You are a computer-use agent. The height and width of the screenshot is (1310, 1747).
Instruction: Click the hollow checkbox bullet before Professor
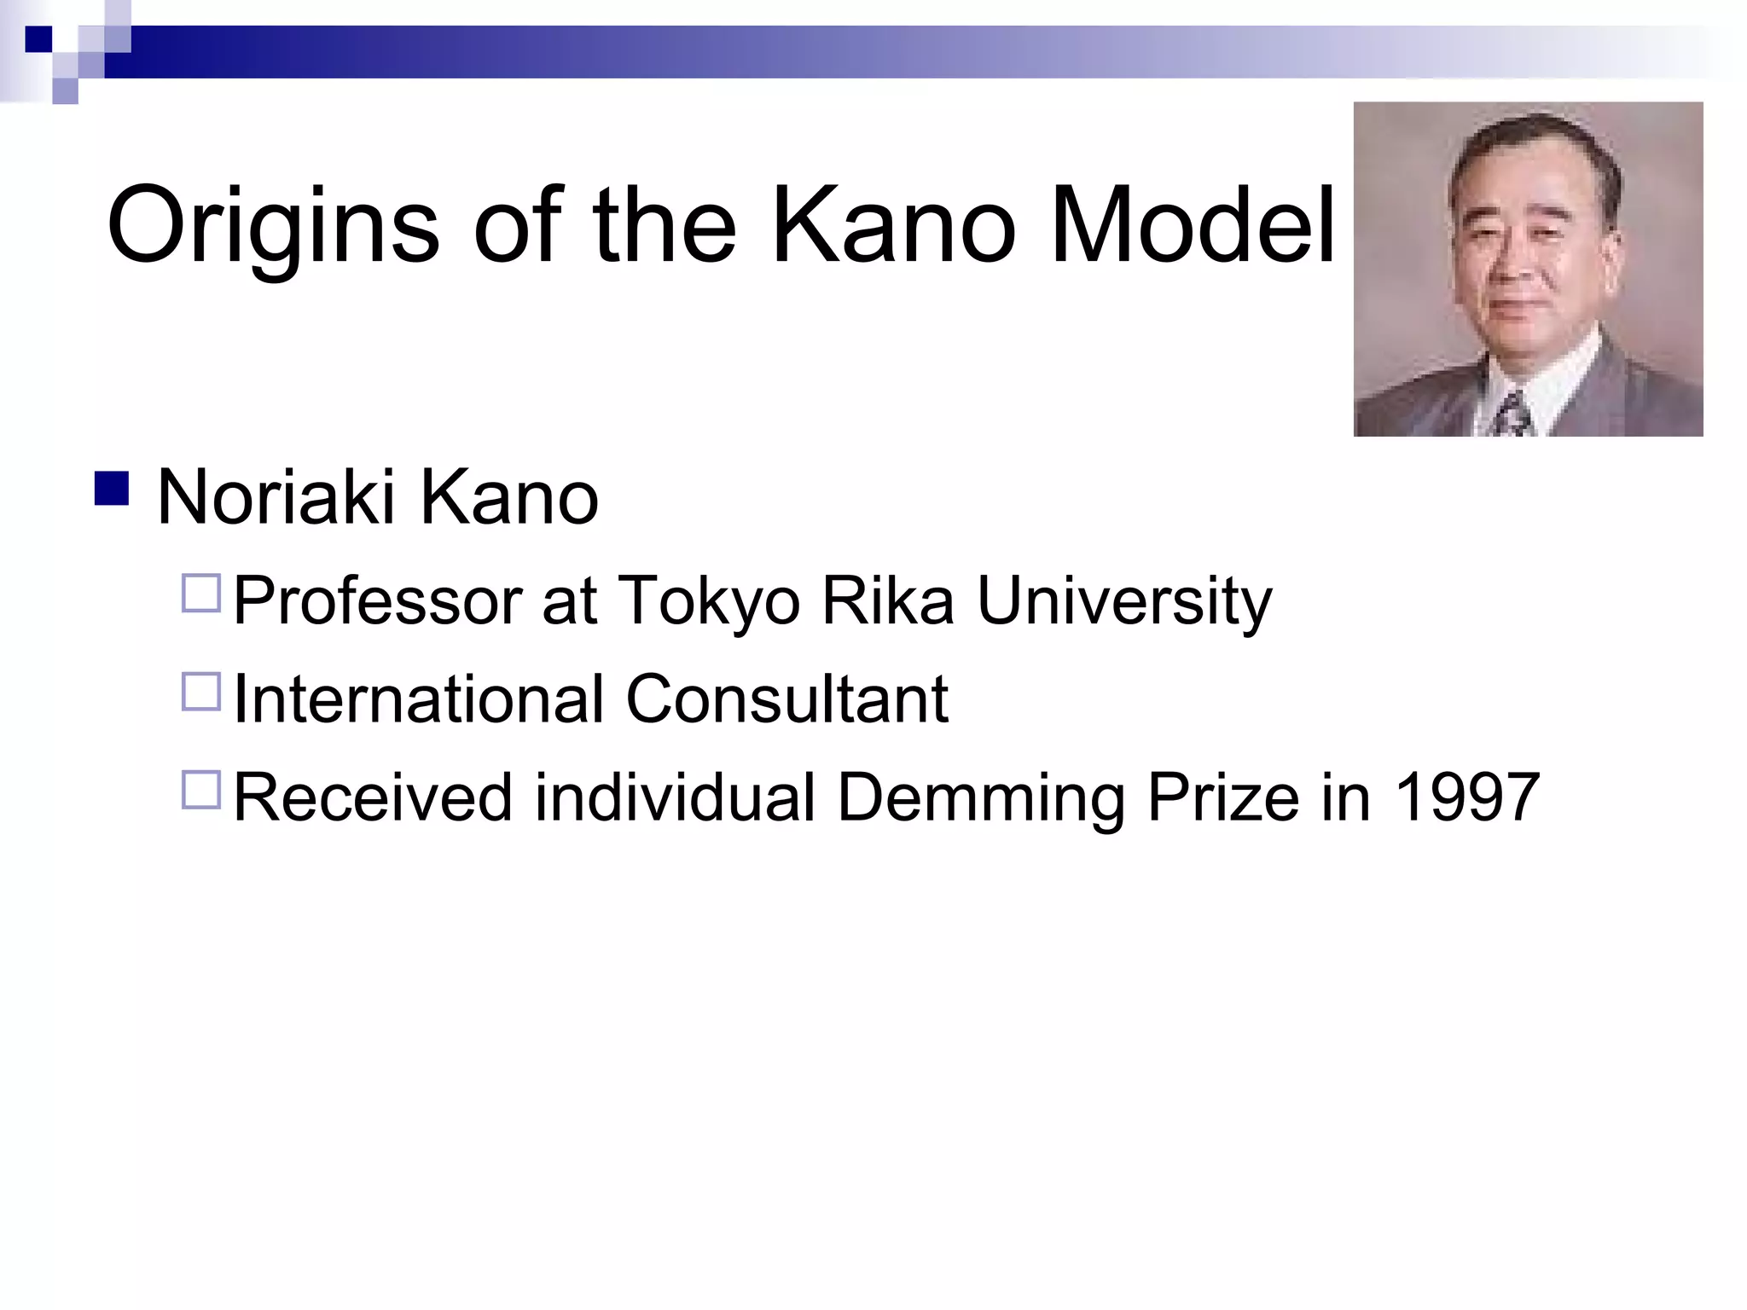pyautogui.click(x=201, y=593)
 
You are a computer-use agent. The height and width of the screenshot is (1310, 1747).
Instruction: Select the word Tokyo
pyautogui.click(x=708, y=601)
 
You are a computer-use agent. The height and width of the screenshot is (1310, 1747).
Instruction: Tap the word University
pyautogui.click(x=1123, y=601)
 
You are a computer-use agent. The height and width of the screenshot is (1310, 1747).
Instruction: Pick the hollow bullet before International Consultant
pyautogui.click(x=201, y=691)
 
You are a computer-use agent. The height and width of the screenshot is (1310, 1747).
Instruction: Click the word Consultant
pyautogui.click(x=786, y=699)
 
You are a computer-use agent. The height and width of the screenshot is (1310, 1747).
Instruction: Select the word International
pyautogui.click(x=418, y=699)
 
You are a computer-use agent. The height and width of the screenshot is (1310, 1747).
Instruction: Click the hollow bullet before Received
pyautogui.click(x=201, y=789)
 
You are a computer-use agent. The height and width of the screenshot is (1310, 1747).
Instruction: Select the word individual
pyautogui.click(x=675, y=797)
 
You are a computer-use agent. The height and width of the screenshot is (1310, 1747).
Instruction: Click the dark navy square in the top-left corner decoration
pyautogui.click(x=38, y=39)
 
